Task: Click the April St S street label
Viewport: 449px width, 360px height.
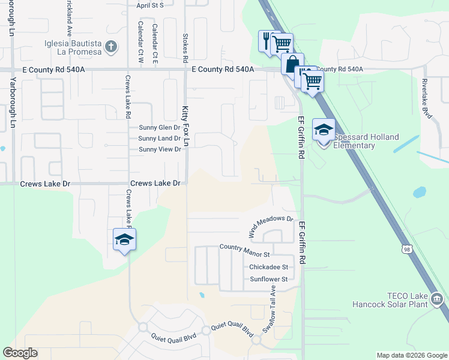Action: (x=150, y=5)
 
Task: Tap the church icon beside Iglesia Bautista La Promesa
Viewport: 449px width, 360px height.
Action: (x=110, y=46)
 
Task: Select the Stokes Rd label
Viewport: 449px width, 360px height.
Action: (x=185, y=49)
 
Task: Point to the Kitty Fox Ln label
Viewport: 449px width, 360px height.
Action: (x=185, y=127)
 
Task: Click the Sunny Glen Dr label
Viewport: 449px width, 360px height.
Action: (x=160, y=128)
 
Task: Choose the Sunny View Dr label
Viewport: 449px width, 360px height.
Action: (x=160, y=149)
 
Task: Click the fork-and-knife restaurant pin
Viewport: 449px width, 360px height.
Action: (x=267, y=41)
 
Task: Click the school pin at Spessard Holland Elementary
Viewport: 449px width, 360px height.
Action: (x=324, y=130)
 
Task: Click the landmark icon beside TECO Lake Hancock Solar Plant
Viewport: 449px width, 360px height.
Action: (x=437, y=299)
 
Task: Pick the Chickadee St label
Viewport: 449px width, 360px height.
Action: (x=268, y=267)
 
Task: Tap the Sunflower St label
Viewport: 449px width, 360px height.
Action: (x=268, y=279)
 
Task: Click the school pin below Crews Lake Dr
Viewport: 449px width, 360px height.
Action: (x=125, y=240)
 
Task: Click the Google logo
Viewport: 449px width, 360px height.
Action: (x=20, y=353)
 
